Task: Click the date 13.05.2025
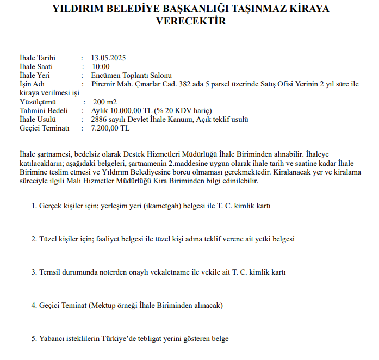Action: (109, 58)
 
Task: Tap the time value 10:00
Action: (101, 67)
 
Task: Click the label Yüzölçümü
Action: (36, 102)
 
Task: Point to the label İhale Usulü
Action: (38, 119)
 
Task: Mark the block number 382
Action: (215, 84)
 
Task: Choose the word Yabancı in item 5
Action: (52, 338)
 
